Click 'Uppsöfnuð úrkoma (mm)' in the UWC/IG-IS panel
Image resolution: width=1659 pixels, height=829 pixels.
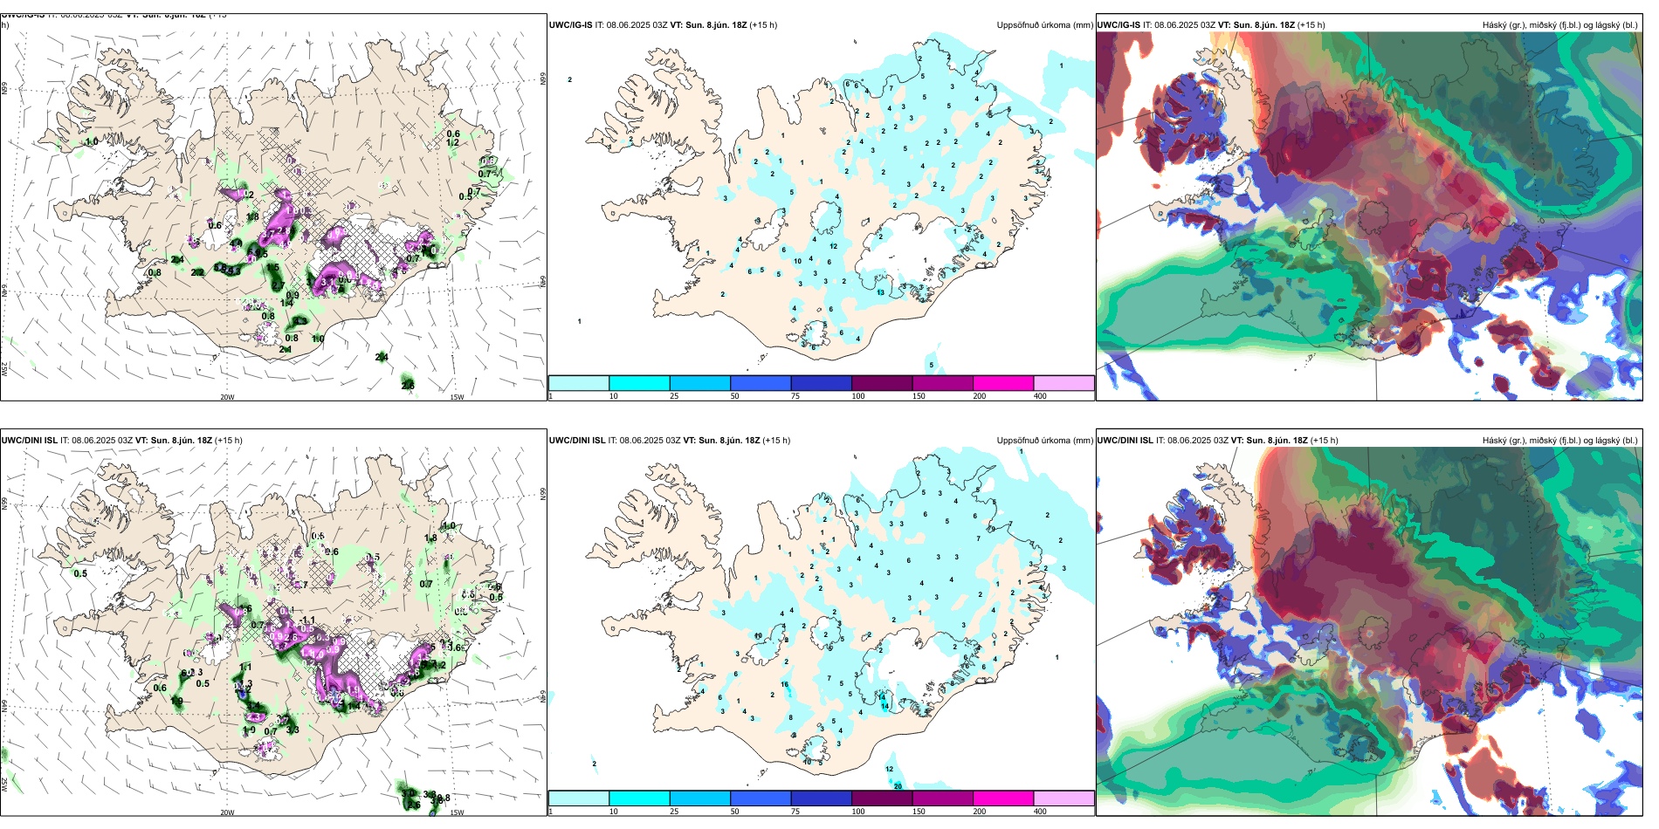[1044, 25]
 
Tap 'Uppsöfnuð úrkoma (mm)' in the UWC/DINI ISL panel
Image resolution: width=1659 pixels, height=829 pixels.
[1044, 441]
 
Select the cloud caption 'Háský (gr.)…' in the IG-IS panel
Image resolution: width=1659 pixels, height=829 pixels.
[1559, 25]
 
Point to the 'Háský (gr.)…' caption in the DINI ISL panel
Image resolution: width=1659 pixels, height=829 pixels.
[1559, 441]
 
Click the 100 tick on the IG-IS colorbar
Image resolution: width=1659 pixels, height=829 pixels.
[858, 396]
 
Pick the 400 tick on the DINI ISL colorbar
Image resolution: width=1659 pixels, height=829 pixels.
[1040, 812]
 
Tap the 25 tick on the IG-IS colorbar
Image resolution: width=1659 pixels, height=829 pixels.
[674, 396]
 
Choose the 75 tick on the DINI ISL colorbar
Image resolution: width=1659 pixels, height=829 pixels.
[795, 812]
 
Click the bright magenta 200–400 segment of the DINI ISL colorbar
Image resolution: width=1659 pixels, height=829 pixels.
[1003, 798]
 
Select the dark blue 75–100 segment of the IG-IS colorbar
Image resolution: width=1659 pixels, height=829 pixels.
[821, 383]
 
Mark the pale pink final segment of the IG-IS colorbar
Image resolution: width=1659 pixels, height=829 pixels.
[1064, 383]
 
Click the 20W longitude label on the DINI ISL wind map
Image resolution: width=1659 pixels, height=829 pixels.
[227, 812]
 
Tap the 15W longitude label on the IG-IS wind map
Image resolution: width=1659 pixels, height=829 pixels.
[457, 397]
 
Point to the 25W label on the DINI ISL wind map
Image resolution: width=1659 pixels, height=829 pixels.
[4, 784]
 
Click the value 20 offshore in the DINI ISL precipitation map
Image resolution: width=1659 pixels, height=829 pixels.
[898, 786]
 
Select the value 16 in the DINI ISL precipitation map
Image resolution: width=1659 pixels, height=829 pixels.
[785, 685]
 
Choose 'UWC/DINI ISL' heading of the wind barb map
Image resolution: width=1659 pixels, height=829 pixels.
[29, 441]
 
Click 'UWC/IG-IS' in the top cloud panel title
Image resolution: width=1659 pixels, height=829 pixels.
[1119, 25]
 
